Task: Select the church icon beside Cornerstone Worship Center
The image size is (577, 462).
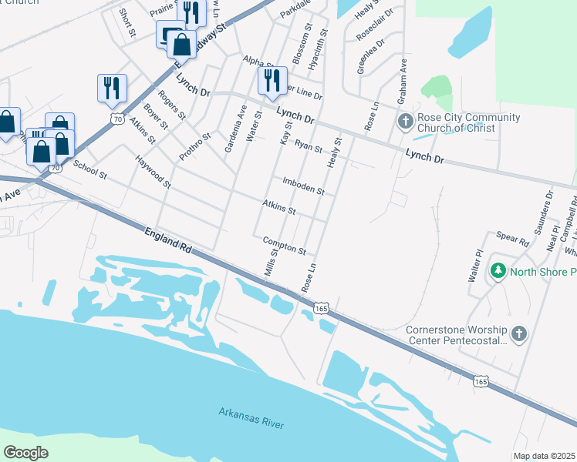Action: [x=519, y=333]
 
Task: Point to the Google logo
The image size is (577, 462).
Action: [x=25, y=453]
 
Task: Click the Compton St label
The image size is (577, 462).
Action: [x=285, y=246]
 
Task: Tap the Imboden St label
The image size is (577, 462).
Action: [x=304, y=186]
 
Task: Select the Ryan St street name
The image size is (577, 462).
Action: [x=308, y=146]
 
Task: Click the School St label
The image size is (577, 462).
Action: [x=89, y=169]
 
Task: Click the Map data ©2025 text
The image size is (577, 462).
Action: [x=545, y=456]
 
